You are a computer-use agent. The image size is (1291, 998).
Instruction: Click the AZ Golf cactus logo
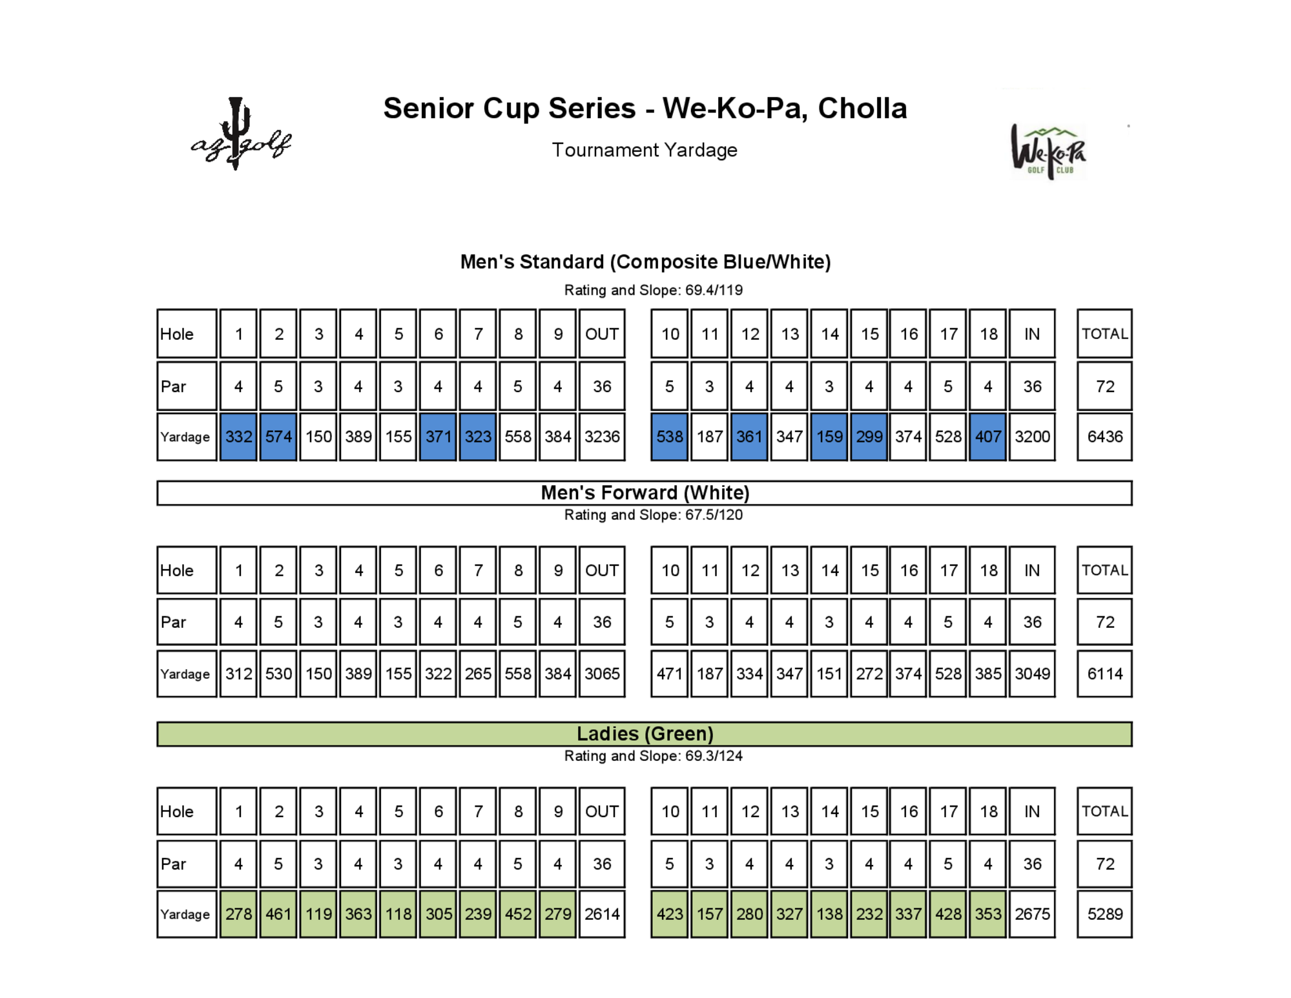pyautogui.click(x=240, y=136)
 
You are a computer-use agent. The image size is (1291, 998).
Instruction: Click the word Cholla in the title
pyautogui.click(x=862, y=109)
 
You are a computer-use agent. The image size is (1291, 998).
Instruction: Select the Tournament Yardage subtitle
pyautogui.click(x=644, y=150)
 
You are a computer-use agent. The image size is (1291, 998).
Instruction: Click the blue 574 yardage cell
pyautogui.click(x=278, y=437)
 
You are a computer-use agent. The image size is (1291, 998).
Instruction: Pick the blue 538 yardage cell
pyautogui.click(x=669, y=437)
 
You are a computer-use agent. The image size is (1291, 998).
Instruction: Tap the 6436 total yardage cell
pyautogui.click(x=1104, y=437)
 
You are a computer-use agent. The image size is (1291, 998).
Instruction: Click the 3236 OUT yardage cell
pyautogui.click(x=602, y=437)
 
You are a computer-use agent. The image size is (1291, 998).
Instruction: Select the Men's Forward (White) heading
pyautogui.click(x=645, y=493)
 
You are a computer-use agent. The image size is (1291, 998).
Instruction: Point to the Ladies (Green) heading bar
pyautogui.click(x=645, y=734)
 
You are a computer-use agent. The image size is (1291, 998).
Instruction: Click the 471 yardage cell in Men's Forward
pyautogui.click(x=669, y=674)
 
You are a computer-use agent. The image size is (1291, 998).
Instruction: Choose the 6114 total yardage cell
pyautogui.click(x=1104, y=674)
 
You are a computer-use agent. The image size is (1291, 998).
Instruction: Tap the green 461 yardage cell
pyautogui.click(x=278, y=914)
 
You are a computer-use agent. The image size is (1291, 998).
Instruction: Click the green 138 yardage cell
pyautogui.click(x=829, y=914)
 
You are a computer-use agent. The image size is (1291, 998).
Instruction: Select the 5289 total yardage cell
pyautogui.click(x=1104, y=914)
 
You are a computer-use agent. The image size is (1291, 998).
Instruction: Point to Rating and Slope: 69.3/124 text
pyautogui.click(x=653, y=756)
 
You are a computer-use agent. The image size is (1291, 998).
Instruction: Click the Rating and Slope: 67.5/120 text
pyautogui.click(x=653, y=515)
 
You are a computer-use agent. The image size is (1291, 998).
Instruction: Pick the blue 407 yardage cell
pyautogui.click(x=987, y=437)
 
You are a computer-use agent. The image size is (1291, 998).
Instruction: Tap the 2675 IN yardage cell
pyautogui.click(x=1032, y=914)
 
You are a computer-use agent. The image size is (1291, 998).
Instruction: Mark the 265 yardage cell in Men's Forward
pyautogui.click(x=478, y=674)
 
